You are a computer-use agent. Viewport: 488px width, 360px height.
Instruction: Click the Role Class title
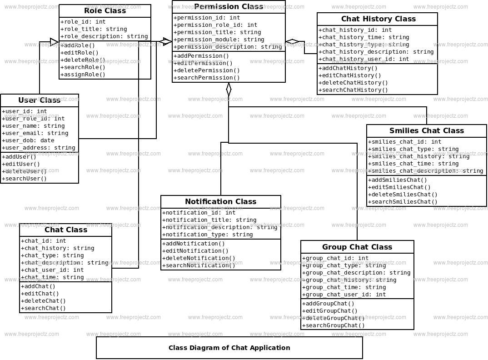tap(105, 11)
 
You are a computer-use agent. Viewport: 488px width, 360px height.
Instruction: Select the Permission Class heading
tap(229, 7)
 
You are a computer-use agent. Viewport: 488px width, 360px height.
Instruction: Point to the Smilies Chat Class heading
tap(426, 131)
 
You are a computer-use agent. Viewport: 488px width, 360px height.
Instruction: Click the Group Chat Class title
tap(357, 247)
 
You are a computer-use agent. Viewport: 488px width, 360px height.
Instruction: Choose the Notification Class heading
tap(220, 202)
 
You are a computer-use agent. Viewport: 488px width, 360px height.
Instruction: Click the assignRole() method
tap(83, 75)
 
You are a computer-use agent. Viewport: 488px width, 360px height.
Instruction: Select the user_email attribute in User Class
tap(35, 133)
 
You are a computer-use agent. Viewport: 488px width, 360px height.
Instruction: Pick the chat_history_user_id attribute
tap(364, 59)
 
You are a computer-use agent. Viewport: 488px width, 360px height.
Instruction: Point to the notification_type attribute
tap(208, 235)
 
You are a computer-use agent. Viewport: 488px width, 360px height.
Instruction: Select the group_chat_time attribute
tap(344, 287)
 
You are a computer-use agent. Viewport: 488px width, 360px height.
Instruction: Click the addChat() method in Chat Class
tap(38, 286)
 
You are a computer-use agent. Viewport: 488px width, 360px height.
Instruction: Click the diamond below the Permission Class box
tap(229, 89)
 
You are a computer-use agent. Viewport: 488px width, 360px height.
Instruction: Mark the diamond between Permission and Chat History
tap(292, 42)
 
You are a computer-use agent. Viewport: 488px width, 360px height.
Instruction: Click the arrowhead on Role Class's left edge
tap(55, 42)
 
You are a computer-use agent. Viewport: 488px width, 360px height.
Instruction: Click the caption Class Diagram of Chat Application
tap(229, 348)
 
